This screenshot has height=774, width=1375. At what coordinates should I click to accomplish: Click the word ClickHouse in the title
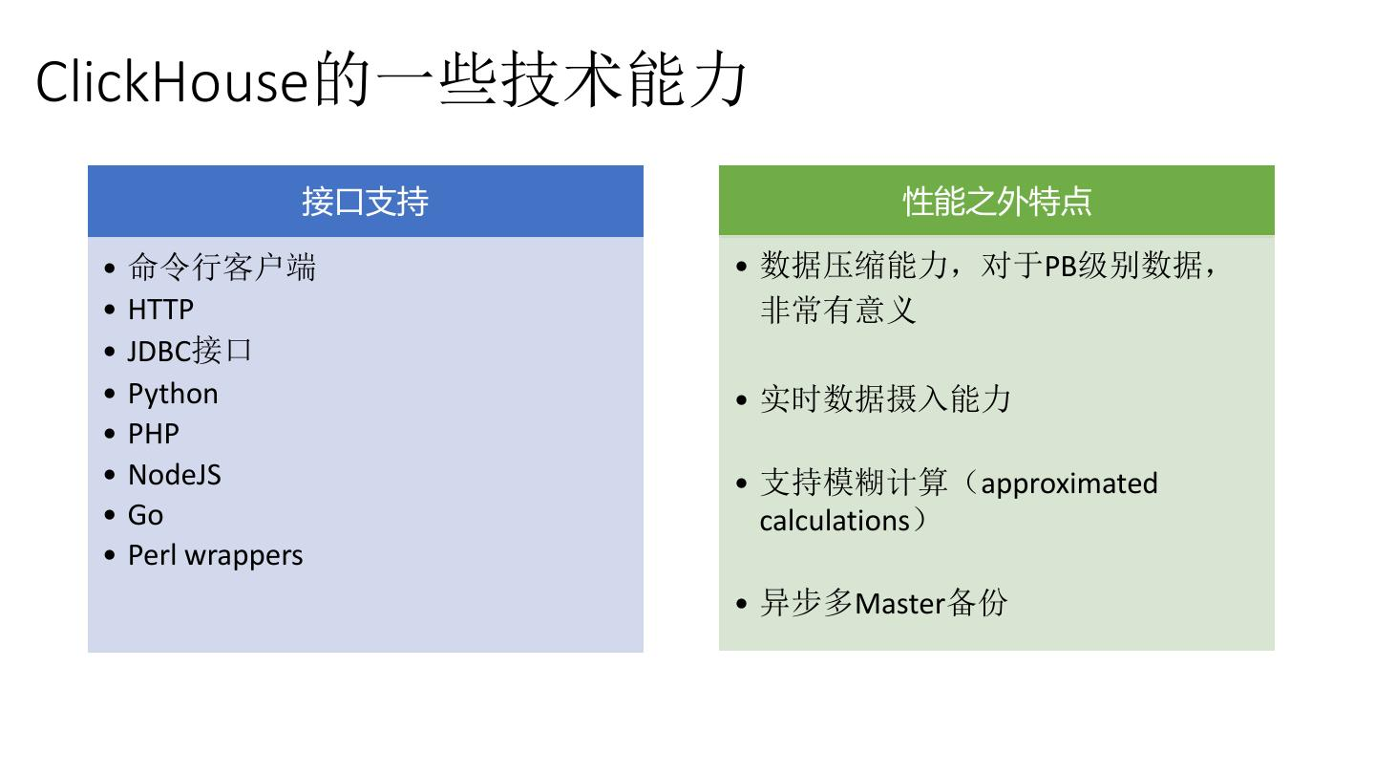point(173,82)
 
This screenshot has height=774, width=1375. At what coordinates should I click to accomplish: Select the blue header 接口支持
point(365,202)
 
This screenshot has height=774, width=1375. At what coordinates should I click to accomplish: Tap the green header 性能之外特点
point(997,202)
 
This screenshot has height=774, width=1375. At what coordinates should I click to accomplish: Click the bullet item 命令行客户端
point(222,268)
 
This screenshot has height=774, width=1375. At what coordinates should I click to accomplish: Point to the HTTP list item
point(160,310)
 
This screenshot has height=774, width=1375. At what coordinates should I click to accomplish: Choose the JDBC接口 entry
point(189,351)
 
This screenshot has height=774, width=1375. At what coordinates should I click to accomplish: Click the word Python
point(173,394)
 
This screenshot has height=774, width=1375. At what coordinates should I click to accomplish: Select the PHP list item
point(154,434)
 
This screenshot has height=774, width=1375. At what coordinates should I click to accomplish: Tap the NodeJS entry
point(175,475)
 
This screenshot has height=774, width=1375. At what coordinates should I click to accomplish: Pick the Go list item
point(145,515)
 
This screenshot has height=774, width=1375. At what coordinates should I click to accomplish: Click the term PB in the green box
point(1060,266)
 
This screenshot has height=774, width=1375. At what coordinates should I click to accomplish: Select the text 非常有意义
point(837,310)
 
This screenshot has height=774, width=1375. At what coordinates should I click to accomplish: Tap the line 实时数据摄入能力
point(885,398)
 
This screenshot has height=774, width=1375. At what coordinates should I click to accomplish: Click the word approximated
point(1068,484)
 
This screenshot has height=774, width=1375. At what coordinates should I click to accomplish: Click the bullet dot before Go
point(111,516)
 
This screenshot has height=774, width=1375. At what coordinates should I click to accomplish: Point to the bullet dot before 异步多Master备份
point(743,605)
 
